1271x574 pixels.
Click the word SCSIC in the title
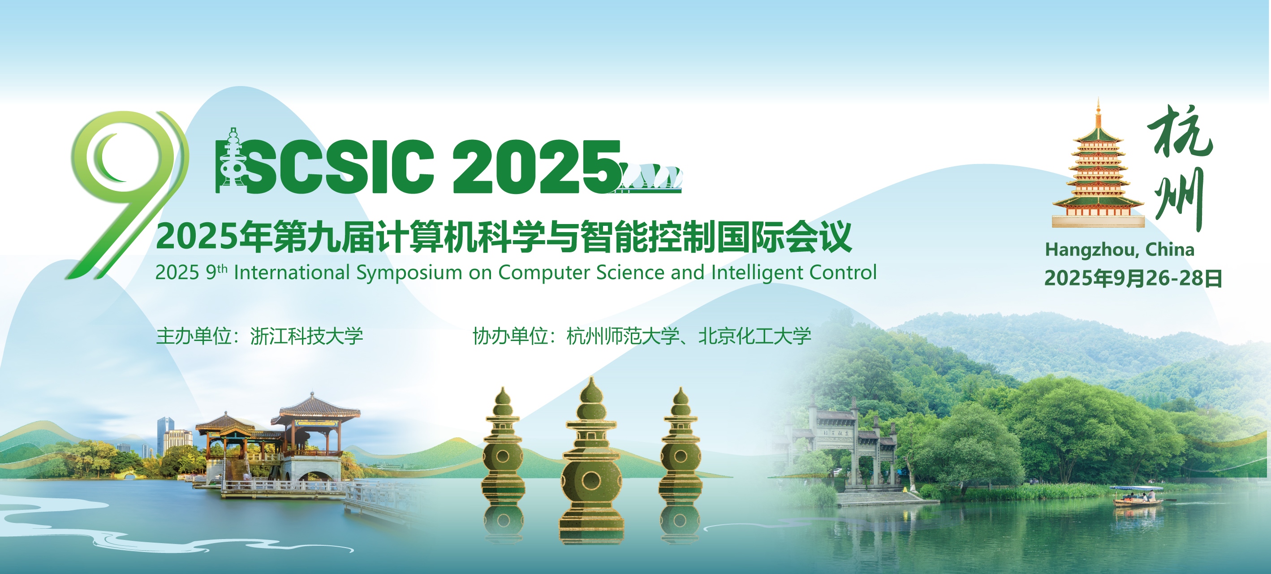[x=340, y=166]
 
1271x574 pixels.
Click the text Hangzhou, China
[x=1120, y=250]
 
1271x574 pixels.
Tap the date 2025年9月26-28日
[x=1133, y=278]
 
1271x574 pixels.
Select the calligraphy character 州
[x=1179, y=199]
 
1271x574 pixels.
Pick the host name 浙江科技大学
[x=306, y=336]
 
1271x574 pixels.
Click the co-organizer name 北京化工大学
[x=754, y=336]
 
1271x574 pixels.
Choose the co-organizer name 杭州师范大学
[x=623, y=336]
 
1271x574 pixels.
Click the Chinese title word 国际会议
[x=784, y=237]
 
